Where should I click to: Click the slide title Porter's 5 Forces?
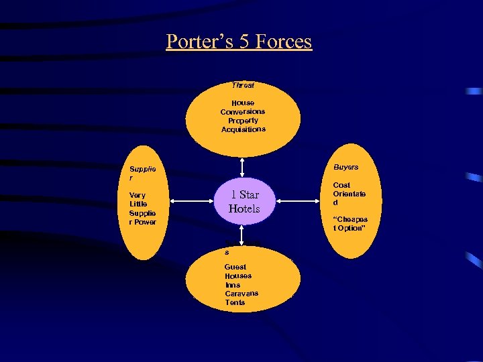click(x=239, y=42)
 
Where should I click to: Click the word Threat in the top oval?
click(x=243, y=85)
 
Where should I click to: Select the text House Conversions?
click(x=243, y=107)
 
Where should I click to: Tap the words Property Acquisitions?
click(x=243, y=125)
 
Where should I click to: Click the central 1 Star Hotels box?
click(x=244, y=201)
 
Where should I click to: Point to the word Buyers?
click(x=345, y=167)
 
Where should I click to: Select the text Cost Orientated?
click(x=349, y=194)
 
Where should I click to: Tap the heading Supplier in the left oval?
click(x=142, y=174)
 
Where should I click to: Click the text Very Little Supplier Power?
click(x=142, y=208)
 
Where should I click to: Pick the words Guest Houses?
click(x=238, y=271)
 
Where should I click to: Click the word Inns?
click(x=232, y=285)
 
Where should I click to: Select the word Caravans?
click(x=241, y=294)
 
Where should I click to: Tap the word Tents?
click(x=235, y=302)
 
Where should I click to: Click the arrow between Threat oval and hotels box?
click(x=243, y=167)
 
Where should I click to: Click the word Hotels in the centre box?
click(x=244, y=208)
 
